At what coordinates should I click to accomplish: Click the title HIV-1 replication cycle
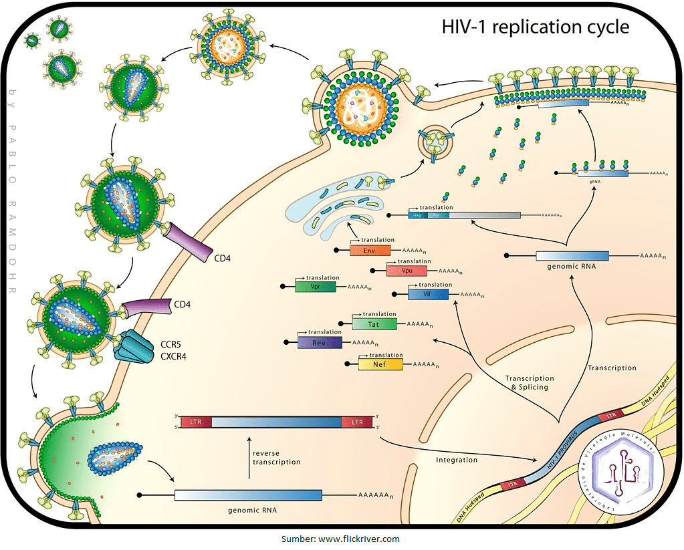(535, 27)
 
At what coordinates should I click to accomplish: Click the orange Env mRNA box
(368, 251)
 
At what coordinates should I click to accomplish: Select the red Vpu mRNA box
(406, 271)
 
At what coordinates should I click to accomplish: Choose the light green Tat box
(374, 324)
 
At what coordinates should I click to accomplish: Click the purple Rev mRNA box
(319, 343)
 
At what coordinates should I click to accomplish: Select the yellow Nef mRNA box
(380, 364)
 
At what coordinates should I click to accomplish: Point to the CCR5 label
(170, 344)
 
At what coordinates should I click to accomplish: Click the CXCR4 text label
(173, 356)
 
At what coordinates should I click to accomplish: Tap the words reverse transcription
(276, 458)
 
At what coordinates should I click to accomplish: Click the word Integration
(457, 460)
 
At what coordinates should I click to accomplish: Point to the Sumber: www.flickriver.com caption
(340, 539)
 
